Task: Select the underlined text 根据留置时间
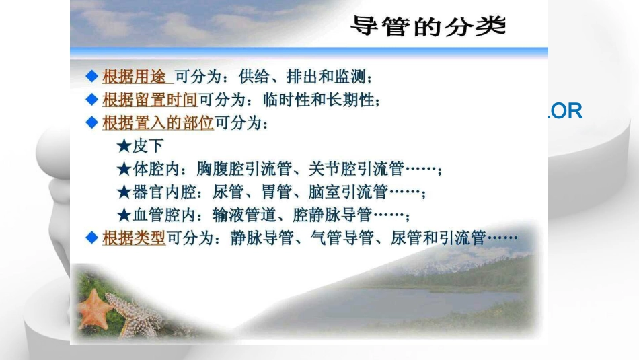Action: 149,100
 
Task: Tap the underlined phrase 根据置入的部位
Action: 157,123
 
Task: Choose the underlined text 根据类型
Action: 134,238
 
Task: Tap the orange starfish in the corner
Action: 94,309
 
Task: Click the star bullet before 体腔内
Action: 123,169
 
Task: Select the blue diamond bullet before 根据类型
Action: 92,238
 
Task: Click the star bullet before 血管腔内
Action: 123,215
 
